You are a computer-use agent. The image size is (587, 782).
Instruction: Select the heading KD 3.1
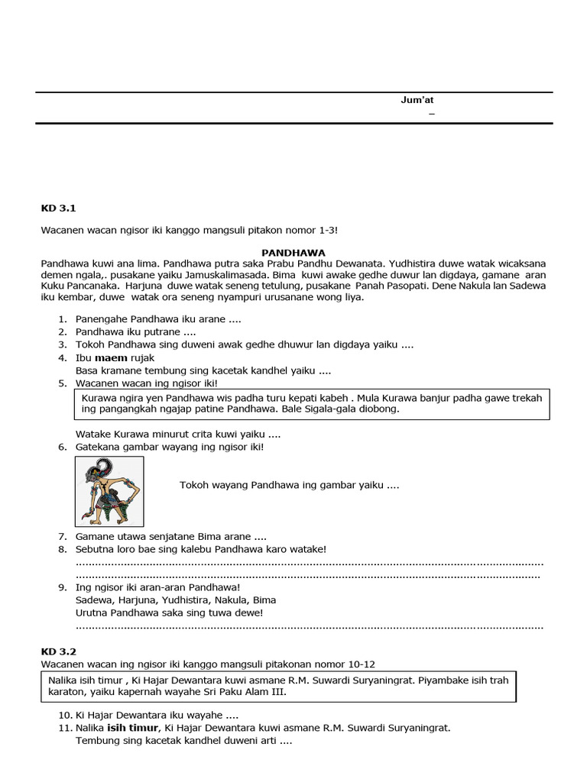pos(58,207)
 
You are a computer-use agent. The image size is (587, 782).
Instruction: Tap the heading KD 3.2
pos(58,651)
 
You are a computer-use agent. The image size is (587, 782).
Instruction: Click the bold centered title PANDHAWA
pos(293,251)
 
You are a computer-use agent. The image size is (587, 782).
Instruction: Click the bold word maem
pos(109,357)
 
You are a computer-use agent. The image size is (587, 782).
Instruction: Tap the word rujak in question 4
pos(143,357)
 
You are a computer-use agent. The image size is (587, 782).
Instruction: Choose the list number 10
pos(64,716)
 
